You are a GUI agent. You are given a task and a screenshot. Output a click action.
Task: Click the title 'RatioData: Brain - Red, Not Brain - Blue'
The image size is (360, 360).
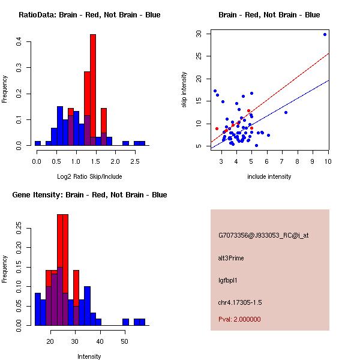click(89, 15)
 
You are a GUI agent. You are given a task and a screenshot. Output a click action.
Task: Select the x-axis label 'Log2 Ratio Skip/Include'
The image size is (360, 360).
click(89, 176)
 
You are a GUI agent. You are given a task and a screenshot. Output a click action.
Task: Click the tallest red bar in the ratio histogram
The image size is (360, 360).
click(93, 90)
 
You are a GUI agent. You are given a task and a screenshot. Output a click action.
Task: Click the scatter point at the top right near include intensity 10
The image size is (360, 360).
click(325, 35)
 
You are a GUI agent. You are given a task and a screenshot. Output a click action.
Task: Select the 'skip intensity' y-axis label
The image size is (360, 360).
click(184, 89)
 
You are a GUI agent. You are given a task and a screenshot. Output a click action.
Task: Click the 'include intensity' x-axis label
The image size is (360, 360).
click(269, 176)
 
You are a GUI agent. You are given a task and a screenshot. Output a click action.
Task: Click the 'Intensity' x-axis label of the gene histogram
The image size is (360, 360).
click(89, 356)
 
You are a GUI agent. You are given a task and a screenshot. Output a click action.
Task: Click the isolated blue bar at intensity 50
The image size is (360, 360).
click(125, 322)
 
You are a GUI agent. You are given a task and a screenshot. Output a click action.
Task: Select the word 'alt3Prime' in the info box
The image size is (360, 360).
click(231, 258)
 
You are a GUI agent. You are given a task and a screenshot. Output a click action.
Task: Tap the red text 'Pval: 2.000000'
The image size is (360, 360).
click(239, 319)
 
